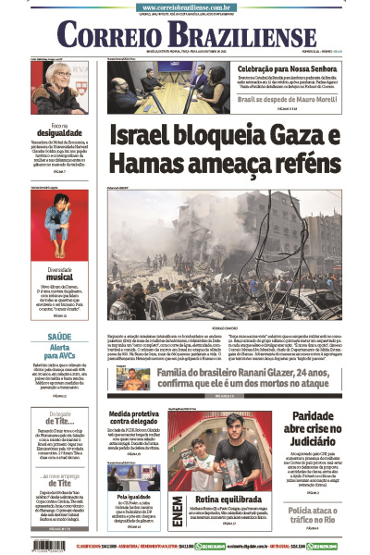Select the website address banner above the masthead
[185, 6]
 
